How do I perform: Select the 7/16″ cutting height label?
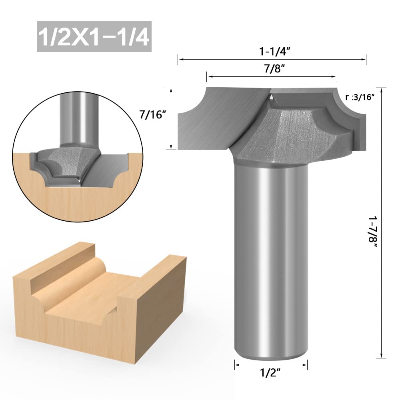click(151, 115)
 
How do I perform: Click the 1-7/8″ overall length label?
click(373, 233)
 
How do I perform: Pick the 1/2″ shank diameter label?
click(270, 373)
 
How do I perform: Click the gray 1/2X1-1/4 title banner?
click(94, 36)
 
